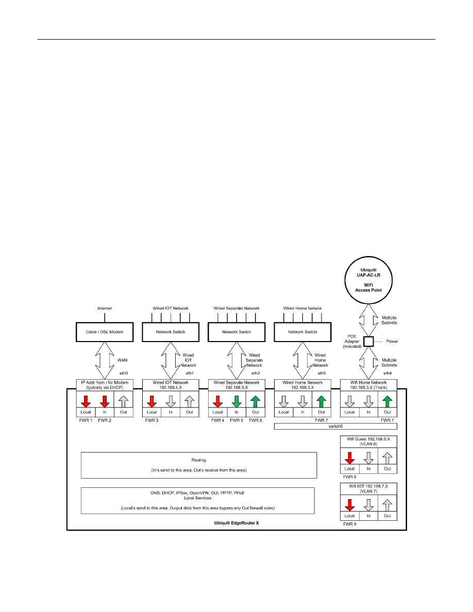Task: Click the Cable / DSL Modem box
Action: (x=105, y=332)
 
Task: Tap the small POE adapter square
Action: (x=368, y=341)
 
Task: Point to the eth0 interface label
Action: (x=124, y=372)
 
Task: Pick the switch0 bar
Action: (x=339, y=427)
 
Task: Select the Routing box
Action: (x=198, y=465)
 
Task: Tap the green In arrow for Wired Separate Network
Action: (x=236, y=401)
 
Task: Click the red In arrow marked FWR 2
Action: (x=105, y=401)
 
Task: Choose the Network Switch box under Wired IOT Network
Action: (x=171, y=332)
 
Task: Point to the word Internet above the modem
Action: (x=105, y=309)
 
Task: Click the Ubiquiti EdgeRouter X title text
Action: (x=236, y=523)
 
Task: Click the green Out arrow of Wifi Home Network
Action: (x=387, y=401)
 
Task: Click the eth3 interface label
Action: (x=322, y=372)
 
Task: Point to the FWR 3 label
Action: (x=151, y=420)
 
